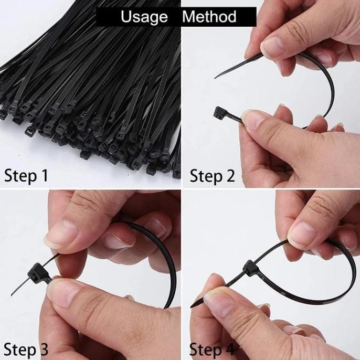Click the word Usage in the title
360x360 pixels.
pos(144,17)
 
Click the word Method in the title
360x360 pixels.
pos(209,16)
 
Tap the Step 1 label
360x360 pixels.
pos(26,176)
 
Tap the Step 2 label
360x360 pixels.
pos(213,176)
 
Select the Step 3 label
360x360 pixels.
pos(26,349)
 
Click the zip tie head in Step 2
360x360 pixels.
pos(219,112)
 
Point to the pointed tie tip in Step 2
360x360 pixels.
pos(215,78)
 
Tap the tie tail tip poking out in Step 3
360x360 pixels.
pos(12,294)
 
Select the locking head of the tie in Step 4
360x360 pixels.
pos(251,267)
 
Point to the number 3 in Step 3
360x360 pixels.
pos(44,349)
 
